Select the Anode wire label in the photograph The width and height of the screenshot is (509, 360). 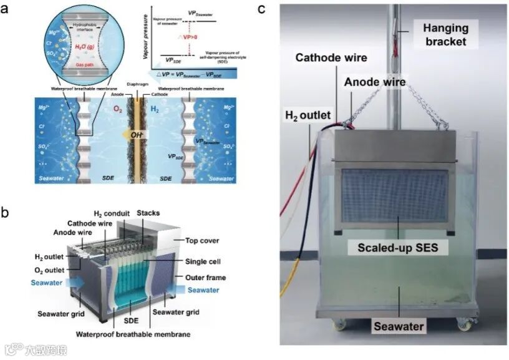377,82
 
